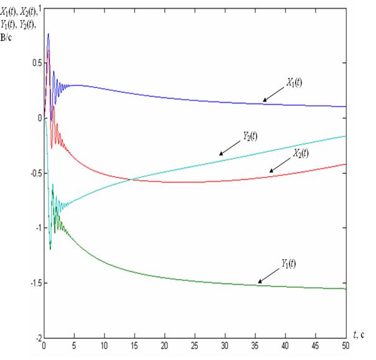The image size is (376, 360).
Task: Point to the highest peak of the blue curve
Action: tap(48, 34)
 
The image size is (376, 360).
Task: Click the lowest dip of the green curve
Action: tap(50, 249)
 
